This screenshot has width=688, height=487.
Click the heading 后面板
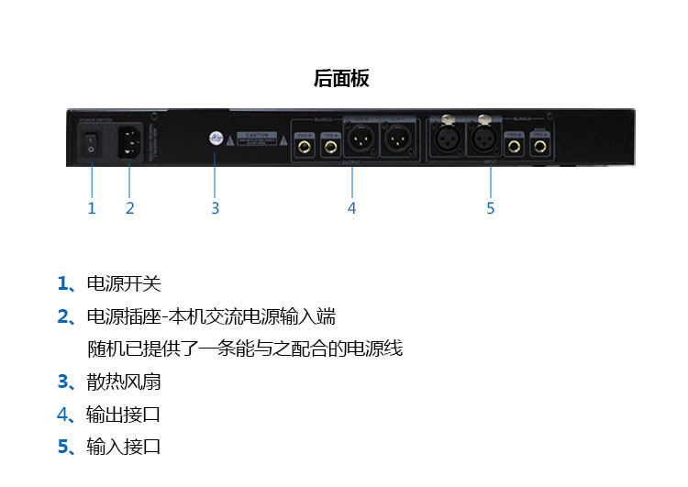(341, 79)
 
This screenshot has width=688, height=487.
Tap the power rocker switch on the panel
(90, 141)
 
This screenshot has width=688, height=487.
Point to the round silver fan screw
(215, 138)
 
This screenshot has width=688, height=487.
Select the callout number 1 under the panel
(91, 208)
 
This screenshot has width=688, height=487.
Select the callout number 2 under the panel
(129, 208)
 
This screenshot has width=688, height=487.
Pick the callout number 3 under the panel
(215, 208)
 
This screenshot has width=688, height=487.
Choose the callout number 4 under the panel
(351, 208)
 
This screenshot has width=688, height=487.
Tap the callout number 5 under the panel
(490, 208)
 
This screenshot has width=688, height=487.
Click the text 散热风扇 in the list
(124, 382)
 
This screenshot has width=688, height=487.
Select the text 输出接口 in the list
(124, 415)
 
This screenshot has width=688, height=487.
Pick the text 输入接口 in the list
(124, 447)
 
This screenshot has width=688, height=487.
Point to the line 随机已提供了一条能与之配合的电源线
(245, 349)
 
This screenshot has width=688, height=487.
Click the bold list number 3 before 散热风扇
(62, 382)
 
